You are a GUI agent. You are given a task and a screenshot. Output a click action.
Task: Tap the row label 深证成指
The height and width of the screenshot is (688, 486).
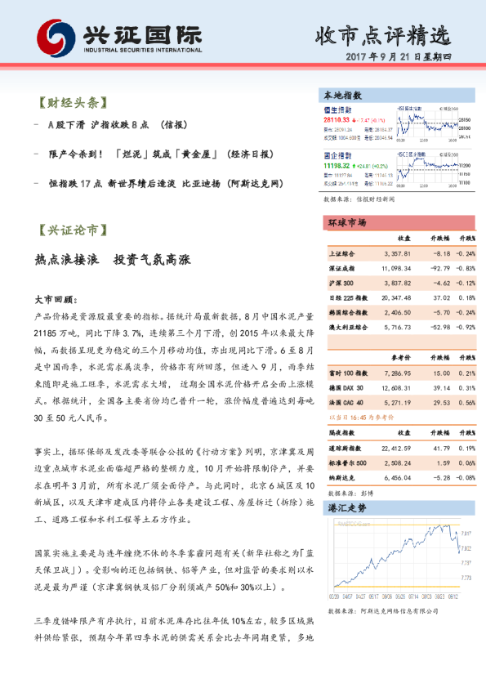click(x=340, y=268)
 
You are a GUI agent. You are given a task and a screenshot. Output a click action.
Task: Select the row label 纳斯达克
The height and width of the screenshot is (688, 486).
click(x=340, y=478)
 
